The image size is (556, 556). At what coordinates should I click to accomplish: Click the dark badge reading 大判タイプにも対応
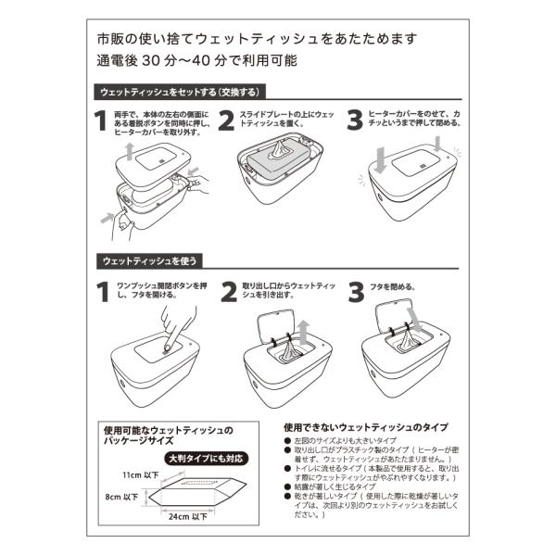click(x=206, y=458)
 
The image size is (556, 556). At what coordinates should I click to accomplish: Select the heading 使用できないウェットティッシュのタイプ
click(x=365, y=427)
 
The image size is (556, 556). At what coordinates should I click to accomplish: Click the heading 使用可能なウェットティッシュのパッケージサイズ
click(x=169, y=436)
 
